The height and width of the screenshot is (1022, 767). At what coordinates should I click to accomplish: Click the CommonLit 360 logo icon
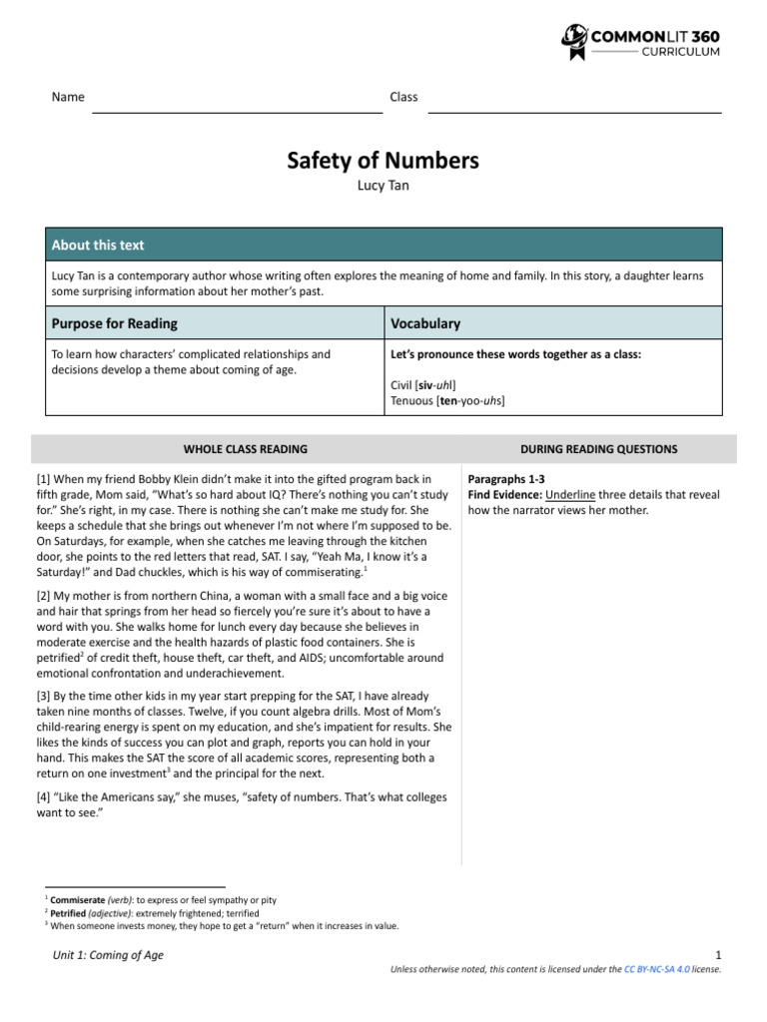pos(576,42)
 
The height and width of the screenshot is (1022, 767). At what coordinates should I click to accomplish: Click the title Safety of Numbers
pos(383,161)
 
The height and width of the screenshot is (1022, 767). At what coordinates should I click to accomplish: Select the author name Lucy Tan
pos(383,186)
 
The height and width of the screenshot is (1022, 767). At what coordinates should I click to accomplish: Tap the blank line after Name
pos(237,112)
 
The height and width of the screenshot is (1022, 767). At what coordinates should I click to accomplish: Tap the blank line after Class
pos(574,112)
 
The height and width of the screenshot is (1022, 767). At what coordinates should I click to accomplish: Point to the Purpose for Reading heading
pos(115,323)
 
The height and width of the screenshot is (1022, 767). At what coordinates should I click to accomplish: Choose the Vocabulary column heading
pos(425,323)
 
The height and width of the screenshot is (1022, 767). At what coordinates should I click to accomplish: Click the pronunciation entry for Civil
pos(424,384)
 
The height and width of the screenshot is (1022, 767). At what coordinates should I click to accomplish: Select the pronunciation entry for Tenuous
pos(447,400)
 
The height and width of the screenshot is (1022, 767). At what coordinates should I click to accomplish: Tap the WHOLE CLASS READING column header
pos(246,449)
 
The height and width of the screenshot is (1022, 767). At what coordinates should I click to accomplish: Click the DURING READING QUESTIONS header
pos(599,449)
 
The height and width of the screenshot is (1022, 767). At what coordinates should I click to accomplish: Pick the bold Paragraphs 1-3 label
pos(506,479)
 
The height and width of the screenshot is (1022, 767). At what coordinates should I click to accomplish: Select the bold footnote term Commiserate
pos(79,900)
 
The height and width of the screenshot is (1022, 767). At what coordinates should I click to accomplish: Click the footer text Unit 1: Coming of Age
pos(108,955)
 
